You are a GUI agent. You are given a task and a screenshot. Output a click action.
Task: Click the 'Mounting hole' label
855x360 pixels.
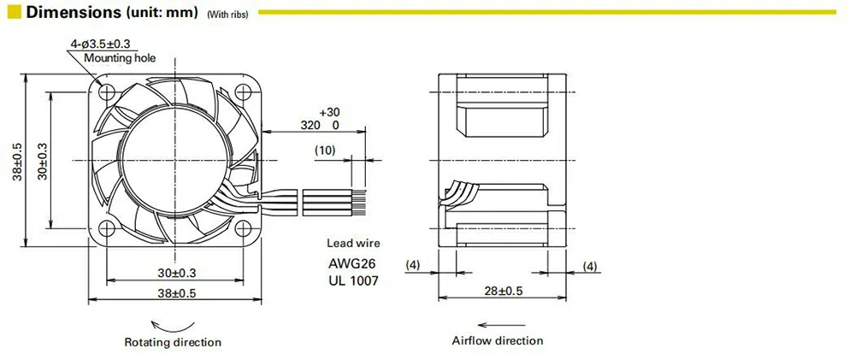120,58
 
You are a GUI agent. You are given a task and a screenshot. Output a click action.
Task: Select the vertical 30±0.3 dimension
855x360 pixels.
42,159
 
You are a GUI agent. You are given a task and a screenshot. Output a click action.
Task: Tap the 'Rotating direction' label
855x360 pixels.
173,342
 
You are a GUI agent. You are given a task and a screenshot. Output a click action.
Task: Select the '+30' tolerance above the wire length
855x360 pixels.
328,112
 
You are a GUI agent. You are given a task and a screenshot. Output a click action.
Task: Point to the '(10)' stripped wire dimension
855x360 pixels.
325,150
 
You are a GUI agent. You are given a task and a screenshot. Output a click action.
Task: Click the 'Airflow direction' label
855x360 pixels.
497,340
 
